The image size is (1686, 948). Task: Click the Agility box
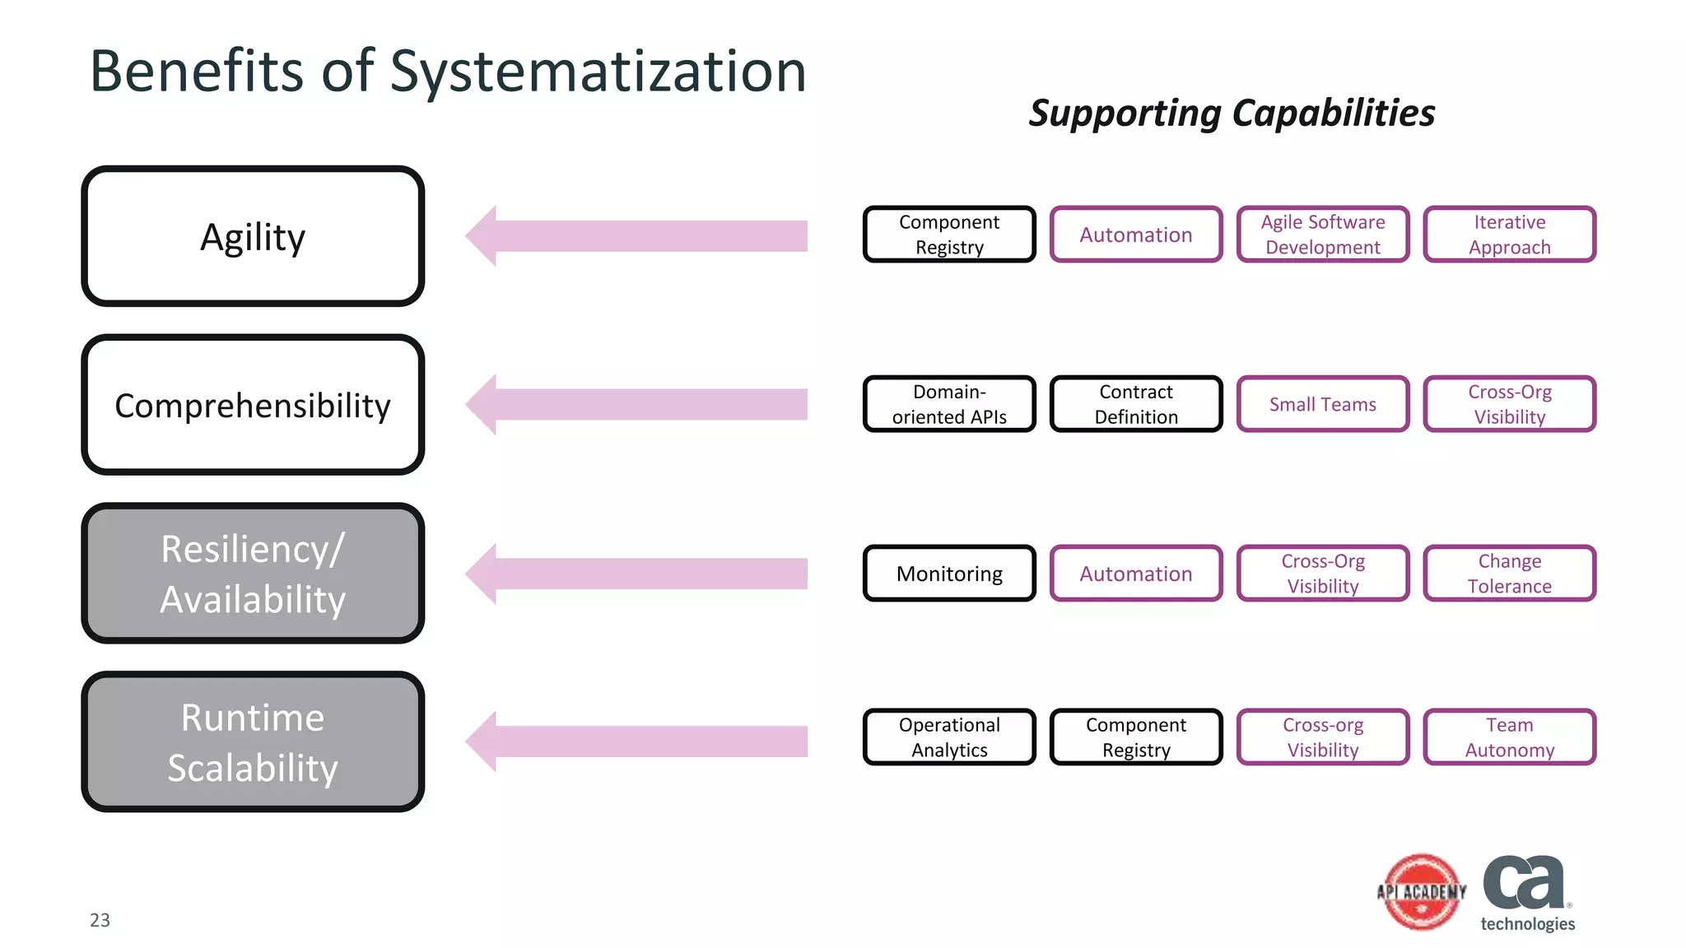253,236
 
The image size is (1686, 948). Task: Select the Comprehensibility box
253,405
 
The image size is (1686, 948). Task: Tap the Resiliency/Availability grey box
253,574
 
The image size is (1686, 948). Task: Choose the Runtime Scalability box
253,741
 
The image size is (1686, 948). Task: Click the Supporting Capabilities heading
1232,114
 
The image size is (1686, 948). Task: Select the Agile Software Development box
1323,235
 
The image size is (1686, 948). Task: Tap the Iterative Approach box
1509,235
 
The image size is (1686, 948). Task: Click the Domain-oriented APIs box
949,404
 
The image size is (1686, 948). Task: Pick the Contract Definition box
1136,404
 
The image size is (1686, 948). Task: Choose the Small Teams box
1323,404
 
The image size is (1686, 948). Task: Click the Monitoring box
949,574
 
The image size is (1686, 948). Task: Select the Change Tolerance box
1509,574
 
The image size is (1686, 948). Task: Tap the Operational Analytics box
949,737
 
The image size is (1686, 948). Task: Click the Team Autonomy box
1509,737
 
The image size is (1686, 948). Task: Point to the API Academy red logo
1422,892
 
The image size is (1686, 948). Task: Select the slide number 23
100,920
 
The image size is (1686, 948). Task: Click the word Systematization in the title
598,72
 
